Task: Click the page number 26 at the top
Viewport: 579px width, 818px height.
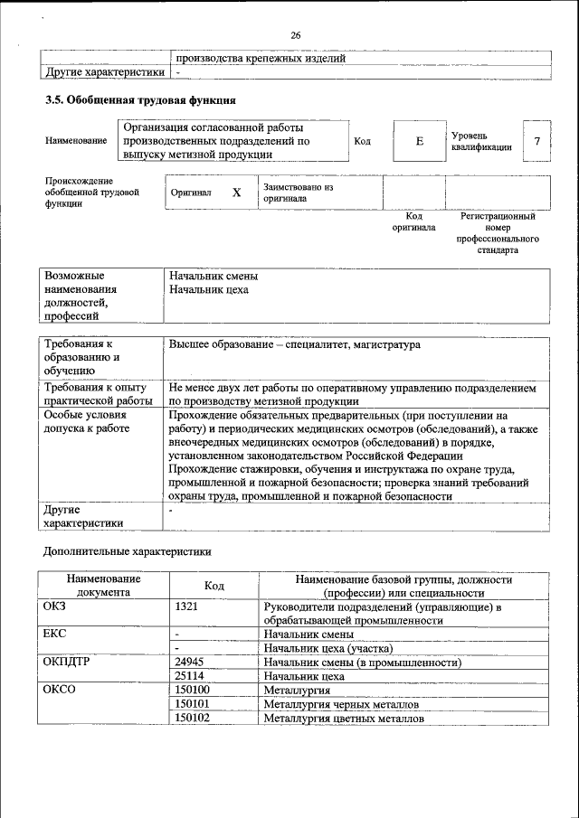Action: pos(295,35)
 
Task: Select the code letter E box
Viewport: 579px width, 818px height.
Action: pos(420,142)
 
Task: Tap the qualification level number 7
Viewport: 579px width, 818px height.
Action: pos(537,141)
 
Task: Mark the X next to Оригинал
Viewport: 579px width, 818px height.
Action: pos(236,193)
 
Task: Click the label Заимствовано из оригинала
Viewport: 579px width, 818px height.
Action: pos(299,193)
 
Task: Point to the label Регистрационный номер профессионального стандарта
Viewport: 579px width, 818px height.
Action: pos(498,233)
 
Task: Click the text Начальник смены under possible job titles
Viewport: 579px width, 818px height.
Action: pos(208,276)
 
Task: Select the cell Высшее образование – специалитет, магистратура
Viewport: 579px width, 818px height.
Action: pos(294,345)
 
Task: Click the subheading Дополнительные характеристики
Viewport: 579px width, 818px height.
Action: pos(128,550)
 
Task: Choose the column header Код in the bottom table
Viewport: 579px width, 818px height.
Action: pos(214,586)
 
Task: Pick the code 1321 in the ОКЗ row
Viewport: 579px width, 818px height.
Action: pos(186,607)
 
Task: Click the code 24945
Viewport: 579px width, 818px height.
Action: pos(189,663)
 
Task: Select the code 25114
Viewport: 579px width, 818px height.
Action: pos(189,676)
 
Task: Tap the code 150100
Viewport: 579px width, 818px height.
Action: pos(192,690)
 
